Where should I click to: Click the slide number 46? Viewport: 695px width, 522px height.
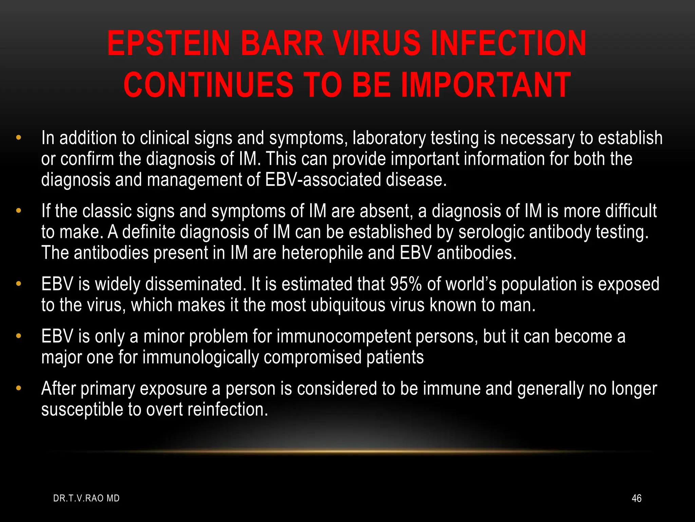(x=636, y=498)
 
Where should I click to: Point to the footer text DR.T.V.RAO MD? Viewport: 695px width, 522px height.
(x=87, y=498)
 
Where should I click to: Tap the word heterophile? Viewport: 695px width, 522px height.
(x=322, y=253)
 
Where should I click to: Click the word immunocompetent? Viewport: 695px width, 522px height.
(x=344, y=336)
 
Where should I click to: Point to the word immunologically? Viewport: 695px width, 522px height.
(x=201, y=358)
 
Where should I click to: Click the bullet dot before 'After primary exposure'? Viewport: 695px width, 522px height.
(x=19, y=388)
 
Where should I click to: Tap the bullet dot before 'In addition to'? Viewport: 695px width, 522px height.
(x=19, y=138)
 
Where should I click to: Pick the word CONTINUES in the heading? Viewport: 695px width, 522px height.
(x=208, y=85)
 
